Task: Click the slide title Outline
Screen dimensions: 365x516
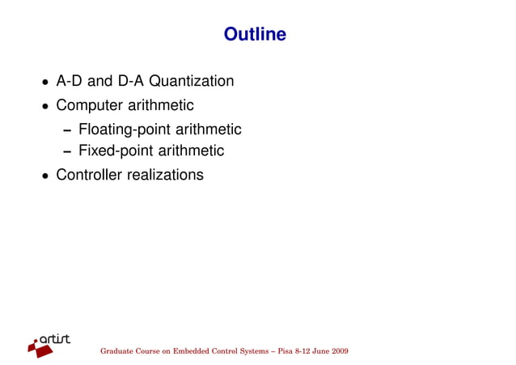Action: point(255,35)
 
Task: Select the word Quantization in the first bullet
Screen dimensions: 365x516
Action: point(194,82)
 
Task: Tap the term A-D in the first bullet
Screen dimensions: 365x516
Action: point(69,82)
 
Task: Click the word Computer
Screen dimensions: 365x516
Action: point(88,106)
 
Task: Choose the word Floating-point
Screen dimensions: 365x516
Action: point(125,129)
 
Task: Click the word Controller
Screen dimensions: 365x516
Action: point(90,175)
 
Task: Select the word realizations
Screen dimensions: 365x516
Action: point(166,175)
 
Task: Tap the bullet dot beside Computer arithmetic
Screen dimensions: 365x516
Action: point(45,107)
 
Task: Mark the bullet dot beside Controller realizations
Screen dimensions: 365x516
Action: point(45,176)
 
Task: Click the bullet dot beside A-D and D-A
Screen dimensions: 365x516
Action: point(45,83)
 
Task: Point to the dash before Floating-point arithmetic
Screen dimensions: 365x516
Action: point(70,130)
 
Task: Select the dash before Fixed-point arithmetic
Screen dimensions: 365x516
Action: point(70,152)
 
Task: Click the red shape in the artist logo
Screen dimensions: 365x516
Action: point(39,348)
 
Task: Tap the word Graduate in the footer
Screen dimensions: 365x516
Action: point(116,352)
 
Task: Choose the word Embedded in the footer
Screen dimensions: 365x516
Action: point(188,352)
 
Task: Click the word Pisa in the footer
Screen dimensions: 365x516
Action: point(285,352)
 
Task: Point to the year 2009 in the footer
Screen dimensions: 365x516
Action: point(340,352)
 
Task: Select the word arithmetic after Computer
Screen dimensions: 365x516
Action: point(159,106)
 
